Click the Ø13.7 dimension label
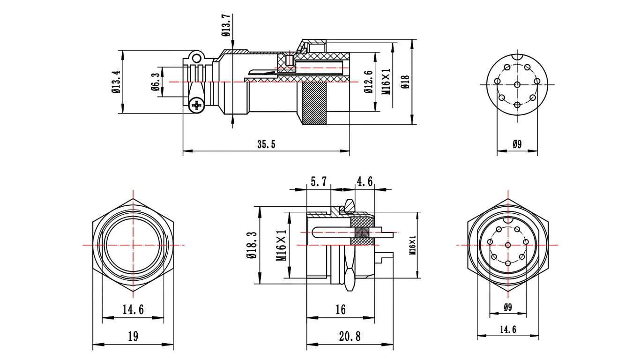pos(226,25)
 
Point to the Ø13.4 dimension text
pos(117,82)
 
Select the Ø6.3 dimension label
pos(156,82)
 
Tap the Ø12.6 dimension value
pos(369,82)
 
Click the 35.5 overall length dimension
pos(266,144)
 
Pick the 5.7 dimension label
pos(319,181)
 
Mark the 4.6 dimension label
pos(365,181)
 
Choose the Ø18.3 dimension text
pos(252,245)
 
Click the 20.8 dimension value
pos(350,337)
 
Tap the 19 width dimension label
pos(133,336)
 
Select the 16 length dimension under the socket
pos(341,310)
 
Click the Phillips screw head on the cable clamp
pos(197,106)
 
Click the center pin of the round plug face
pos(517,84)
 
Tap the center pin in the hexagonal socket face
pos(508,245)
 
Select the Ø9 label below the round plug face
pos(517,144)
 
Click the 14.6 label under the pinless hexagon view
pos(133,310)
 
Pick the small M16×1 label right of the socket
pos(412,245)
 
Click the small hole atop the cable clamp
pos(196,59)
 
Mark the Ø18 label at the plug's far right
pos(405,82)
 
